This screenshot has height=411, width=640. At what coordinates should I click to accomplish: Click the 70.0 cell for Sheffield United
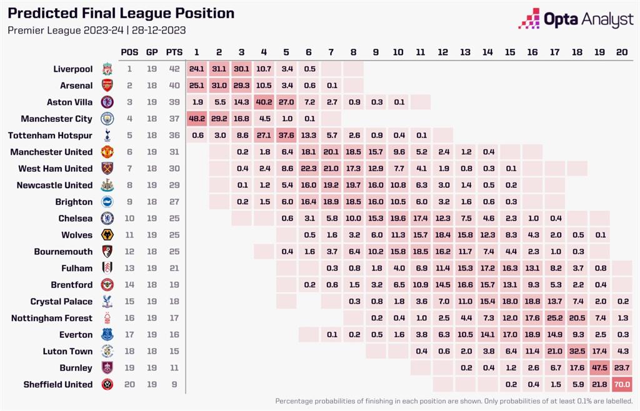click(622, 385)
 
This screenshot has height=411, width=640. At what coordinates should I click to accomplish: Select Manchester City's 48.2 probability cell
click(197, 119)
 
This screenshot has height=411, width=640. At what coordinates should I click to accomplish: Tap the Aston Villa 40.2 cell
click(264, 102)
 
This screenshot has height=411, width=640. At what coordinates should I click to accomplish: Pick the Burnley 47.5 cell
click(599, 368)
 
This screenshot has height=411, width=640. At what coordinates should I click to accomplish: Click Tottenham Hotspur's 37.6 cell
click(286, 136)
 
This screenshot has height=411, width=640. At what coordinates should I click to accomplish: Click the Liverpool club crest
click(107, 69)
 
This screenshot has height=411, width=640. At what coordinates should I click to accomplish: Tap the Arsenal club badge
click(107, 86)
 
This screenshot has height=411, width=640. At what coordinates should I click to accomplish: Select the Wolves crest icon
click(107, 235)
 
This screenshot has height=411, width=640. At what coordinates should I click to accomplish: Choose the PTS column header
click(174, 52)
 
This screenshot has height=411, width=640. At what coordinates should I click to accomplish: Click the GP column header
click(152, 52)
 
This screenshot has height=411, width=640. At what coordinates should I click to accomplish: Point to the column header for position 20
click(622, 52)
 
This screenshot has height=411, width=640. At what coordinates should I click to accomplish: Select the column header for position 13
click(465, 52)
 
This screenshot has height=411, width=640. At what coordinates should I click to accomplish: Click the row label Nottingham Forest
click(52, 318)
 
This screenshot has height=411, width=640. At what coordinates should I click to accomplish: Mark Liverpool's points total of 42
click(174, 69)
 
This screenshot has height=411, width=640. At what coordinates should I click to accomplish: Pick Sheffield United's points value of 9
click(174, 385)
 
